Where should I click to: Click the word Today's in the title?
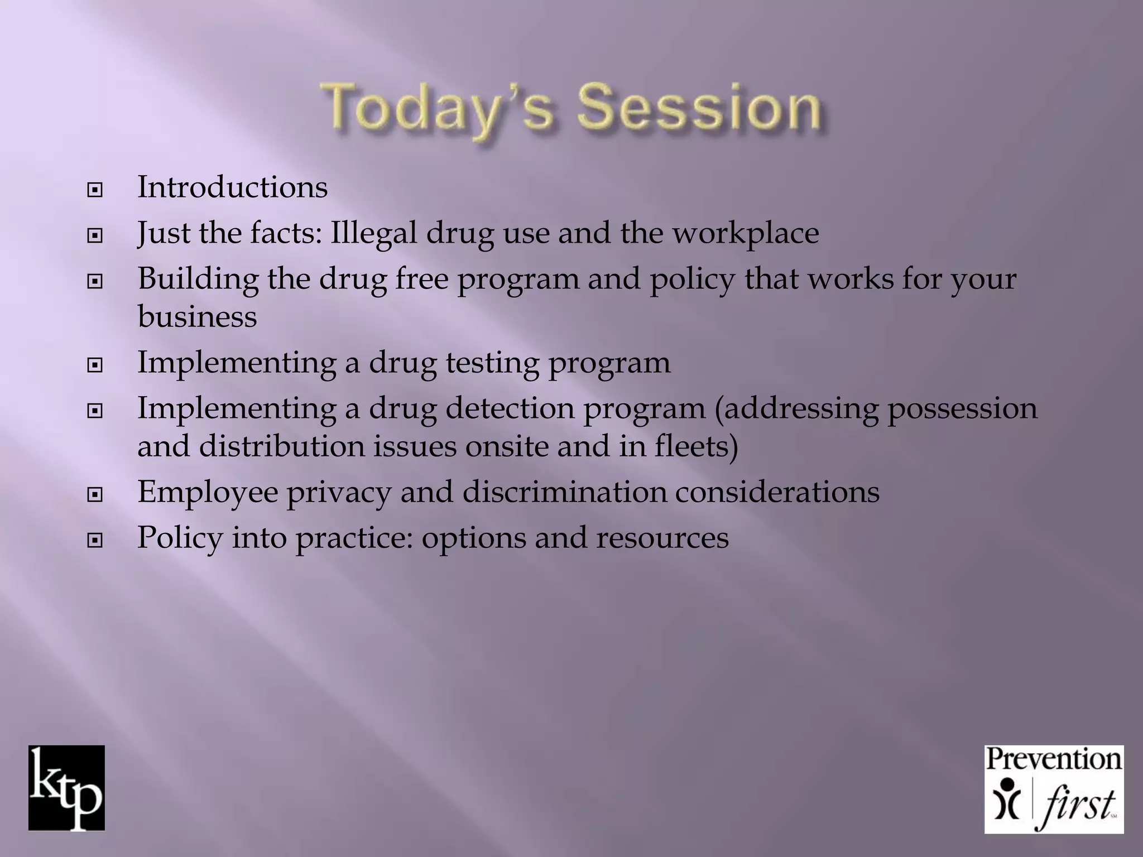(x=438, y=109)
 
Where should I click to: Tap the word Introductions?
(x=232, y=187)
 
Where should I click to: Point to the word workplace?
(x=746, y=233)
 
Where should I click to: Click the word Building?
(x=198, y=279)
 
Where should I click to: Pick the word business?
(x=197, y=317)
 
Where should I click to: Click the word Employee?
(x=208, y=493)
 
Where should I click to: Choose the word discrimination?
(x=564, y=493)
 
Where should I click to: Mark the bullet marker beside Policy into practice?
(x=95, y=540)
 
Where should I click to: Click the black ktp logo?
(x=66, y=788)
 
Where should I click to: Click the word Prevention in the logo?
(x=1053, y=760)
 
